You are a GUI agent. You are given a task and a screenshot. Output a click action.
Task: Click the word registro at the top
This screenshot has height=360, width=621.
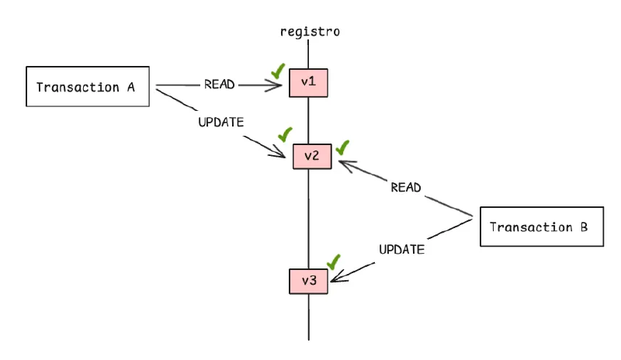[309, 32]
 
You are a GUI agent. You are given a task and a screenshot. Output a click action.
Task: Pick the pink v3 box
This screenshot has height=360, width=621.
[309, 280]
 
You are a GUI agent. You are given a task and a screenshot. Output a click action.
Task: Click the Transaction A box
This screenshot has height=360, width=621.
[89, 87]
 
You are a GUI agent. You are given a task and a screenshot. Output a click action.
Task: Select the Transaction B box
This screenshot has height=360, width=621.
[540, 227]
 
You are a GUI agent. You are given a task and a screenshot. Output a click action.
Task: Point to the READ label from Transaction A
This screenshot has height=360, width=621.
[220, 84]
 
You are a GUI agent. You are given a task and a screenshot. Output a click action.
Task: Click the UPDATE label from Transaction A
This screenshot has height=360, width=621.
[222, 122]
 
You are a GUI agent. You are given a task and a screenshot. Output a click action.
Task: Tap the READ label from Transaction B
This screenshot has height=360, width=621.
[405, 187]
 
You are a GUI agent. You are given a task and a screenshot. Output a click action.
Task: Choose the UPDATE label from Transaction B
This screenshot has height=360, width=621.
[401, 249]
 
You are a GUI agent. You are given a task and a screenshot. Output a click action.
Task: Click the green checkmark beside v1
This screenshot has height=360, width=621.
[277, 71]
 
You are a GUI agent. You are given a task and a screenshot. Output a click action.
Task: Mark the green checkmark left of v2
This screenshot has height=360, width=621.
[285, 134]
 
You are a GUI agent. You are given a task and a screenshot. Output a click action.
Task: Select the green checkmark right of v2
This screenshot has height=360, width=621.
[342, 146]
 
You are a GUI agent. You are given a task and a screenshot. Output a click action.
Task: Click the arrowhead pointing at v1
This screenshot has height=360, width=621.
[282, 84]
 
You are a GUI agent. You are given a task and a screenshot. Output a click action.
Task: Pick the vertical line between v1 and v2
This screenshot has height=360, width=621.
[310, 120]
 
